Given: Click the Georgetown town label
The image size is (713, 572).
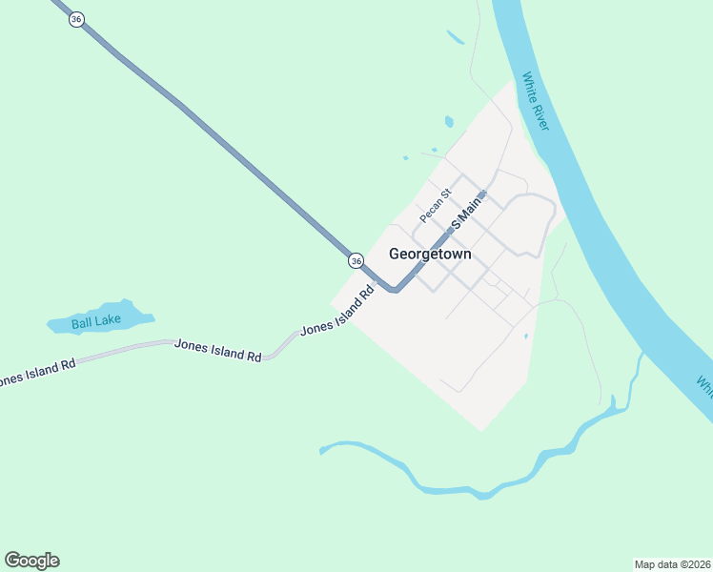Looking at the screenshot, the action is tap(430, 255).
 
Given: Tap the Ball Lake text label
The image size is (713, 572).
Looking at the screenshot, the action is tap(95, 321).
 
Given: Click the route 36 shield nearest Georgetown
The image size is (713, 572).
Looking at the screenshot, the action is tap(356, 260).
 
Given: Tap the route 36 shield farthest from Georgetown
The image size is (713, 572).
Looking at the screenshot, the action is tap(76, 19).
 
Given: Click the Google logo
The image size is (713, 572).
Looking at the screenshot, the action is tap(31, 561).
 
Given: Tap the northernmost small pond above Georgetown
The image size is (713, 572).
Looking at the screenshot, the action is tap(455, 38).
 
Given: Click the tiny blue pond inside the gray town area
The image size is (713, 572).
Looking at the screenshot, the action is tap(525, 336).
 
